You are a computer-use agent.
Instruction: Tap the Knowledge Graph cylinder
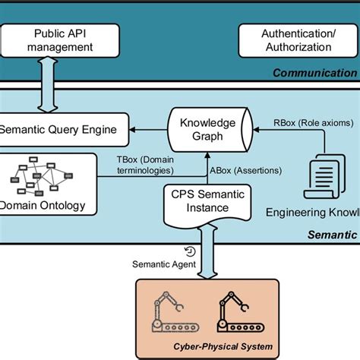pos(201,129)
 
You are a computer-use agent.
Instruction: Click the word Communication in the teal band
pos(314,73)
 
